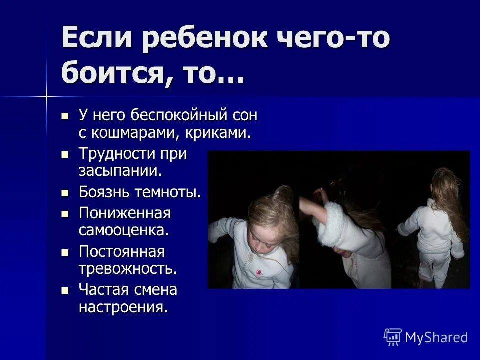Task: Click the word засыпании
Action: [x=120, y=171]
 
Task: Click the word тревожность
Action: [x=128, y=268]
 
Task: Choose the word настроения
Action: [x=123, y=306]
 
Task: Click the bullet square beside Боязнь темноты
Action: [x=64, y=192]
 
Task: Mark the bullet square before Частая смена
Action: [x=64, y=290]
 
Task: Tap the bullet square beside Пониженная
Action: [x=64, y=214]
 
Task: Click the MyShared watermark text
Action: [x=436, y=337]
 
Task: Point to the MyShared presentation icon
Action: [x=393, y=337]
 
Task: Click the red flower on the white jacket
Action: [x=259, y=272]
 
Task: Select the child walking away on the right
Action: [x=433, y=235]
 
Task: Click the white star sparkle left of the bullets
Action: [x=46, y=95]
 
